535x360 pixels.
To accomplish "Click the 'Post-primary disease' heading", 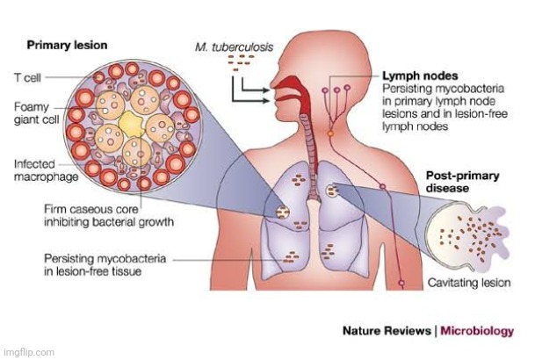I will [463, 181].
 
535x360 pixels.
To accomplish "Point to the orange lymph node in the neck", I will [331, 133].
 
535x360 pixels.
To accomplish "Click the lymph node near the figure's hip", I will [401, 283].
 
